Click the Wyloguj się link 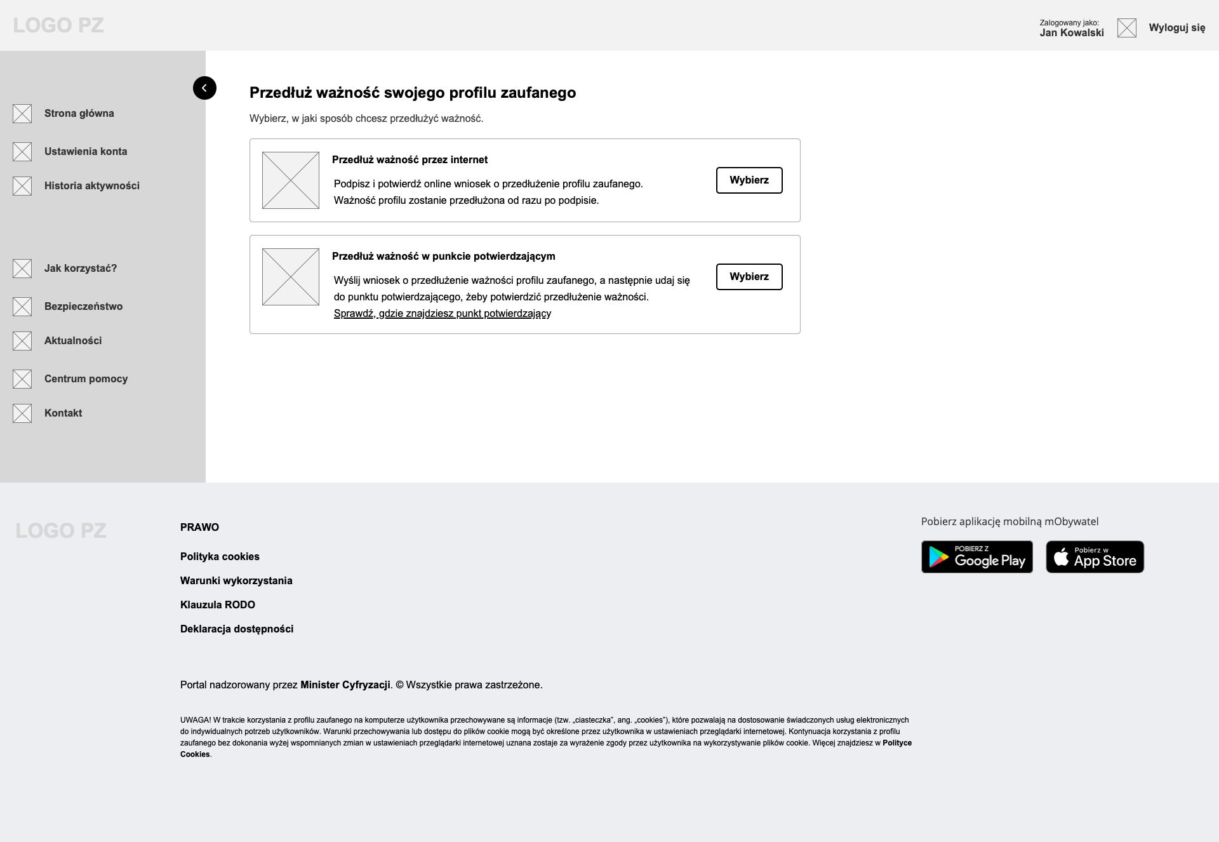[x=1176, y=28]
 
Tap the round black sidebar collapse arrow [x=204, y=88]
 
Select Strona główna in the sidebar [x=79, y=114]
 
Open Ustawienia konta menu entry [x=85, y=152]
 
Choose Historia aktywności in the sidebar [x=91, y=186]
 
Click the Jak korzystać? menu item [x=80, y=269]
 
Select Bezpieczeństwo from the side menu [x=83, y=307]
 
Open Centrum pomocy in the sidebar [x=86, y=379]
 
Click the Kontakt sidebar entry [x=63, y=413]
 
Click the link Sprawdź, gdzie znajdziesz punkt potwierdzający [x=442, y=314]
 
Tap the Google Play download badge [x=976, y=557]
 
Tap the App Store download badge [x=1095, y=557]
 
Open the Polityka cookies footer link [x=220, y=557]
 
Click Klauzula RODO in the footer [x=217, y=605]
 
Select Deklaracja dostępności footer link [x=236, y=629]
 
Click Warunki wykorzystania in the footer [x=236, y=581]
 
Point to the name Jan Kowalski [x=1071, y=33]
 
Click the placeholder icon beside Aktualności [x=22, y=341]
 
